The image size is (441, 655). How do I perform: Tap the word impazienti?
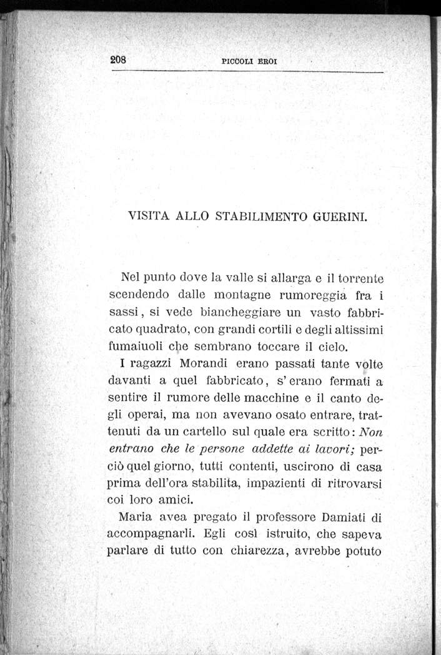tap(283, 483)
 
